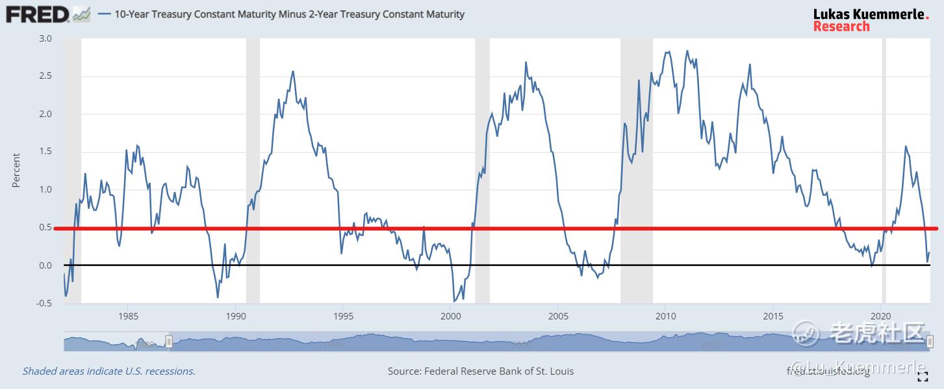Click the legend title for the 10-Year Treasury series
289,14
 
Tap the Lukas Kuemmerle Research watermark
871,20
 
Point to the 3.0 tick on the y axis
45,38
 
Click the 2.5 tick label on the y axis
45,76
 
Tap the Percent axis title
16,170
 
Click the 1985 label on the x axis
129,316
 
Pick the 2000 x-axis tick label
450,316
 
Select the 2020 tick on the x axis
880,316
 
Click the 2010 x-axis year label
665,316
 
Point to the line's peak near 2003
526,62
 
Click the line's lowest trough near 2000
454,302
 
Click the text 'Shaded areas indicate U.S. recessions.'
109,371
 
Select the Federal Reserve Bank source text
481,371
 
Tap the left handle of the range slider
169,342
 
